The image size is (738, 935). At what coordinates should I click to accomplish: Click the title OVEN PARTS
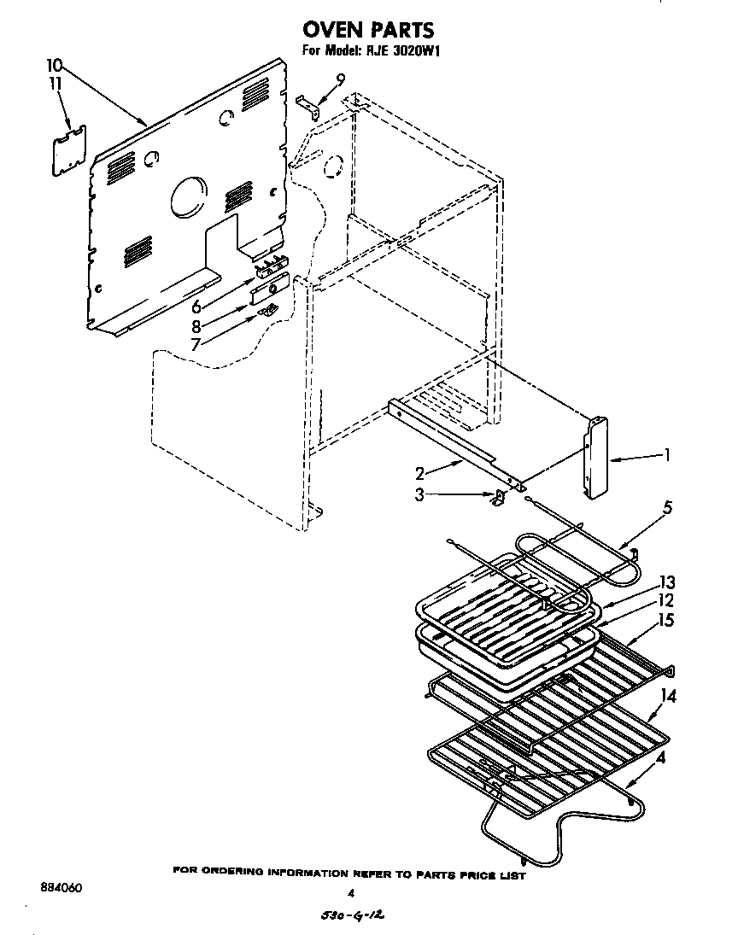pyautogui.click(x=368, y=32)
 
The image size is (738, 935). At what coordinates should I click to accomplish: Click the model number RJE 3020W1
pyautogui.click(x=404, y=50)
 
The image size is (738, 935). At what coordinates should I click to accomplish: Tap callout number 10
pyautogui.click(x=54, y=65)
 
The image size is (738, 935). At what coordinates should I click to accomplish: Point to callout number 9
pyautogui.click(x=340, y=79)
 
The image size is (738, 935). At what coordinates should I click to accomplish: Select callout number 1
pyautogui.click(x=665, y=456)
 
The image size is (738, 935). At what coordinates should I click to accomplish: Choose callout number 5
pyautogui.click(x=665, y=508)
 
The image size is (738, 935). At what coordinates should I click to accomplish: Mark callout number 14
pyautogui.click(x=668, y=696)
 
